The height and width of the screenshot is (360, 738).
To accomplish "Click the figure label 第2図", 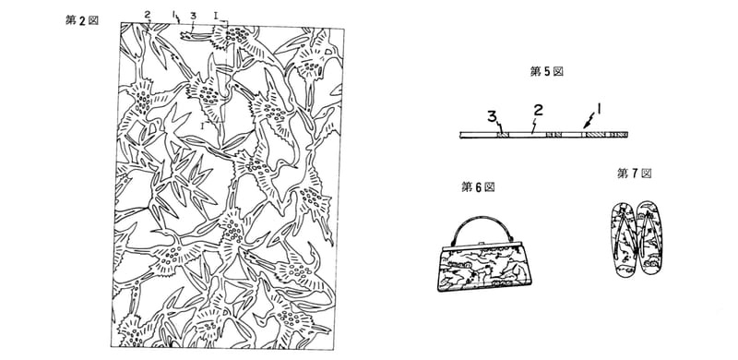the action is click(x=82, y=20).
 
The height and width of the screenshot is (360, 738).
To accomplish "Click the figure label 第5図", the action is click(x=546, y=72).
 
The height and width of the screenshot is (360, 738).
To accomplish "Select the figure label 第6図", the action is click(x=478, y=187).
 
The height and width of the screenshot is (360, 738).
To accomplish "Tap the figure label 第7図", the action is click(x=635, y=174).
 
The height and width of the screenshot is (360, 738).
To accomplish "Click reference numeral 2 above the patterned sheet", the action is click(x=148, y=14).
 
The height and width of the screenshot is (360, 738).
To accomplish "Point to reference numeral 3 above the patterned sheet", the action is click(x=193, y=16).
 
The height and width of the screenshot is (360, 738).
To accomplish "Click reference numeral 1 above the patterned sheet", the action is click(x=173, y=16).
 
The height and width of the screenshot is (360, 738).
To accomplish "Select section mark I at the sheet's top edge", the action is click(x=215, y=16).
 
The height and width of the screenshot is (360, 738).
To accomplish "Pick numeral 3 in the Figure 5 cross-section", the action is click(x=492, y=116).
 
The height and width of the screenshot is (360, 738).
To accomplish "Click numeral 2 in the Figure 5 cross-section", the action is click(x=539, y=110).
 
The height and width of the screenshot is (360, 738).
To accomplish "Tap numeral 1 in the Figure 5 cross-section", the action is click(x=599, y=109).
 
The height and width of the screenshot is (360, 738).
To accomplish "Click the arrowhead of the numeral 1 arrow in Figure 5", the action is click(x=585, y=127).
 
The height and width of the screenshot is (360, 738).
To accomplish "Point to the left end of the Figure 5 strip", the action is click(x=459, y=135).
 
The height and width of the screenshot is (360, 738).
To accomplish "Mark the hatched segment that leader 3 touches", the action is click(x=503, y=135).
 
